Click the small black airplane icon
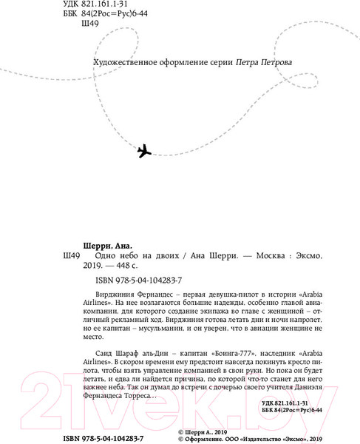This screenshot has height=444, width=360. (145, 151)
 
